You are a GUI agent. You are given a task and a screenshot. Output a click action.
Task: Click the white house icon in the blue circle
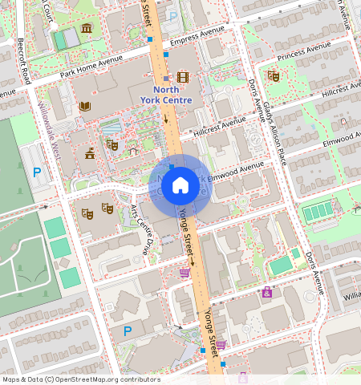(180, 186)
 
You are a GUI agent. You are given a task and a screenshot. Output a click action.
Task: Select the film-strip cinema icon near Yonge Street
(183, 77)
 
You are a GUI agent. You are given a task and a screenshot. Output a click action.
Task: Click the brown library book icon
(85, 106)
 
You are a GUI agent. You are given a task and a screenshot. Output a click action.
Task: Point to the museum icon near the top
(86, 29)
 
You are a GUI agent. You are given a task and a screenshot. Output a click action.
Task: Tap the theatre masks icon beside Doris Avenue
(273, 75)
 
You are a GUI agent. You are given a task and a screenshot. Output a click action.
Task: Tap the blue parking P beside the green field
(36, 172)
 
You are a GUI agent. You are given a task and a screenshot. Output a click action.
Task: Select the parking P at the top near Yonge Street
(172, 15)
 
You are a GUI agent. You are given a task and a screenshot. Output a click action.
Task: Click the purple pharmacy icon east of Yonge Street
(266, 293)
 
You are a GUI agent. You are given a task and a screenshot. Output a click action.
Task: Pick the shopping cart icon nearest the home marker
(185, 272)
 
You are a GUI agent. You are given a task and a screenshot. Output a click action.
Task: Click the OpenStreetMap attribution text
(81, 379)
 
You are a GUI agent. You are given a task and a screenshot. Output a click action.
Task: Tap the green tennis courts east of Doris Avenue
(317, 212)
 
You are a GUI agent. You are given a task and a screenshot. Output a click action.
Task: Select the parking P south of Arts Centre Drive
(127, 330)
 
